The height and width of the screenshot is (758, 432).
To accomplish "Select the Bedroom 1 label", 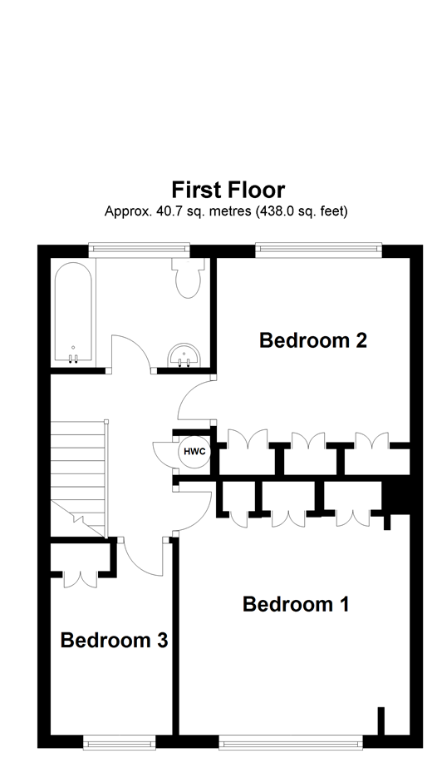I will (295, 604).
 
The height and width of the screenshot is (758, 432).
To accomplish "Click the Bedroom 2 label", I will (313, 340).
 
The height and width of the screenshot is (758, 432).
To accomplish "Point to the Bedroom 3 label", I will (114, 641).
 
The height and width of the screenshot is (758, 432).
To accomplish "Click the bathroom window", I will (139, 247).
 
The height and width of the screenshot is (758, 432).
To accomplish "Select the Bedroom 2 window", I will (317, 247).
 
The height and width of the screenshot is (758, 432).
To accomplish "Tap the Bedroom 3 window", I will (119, 739).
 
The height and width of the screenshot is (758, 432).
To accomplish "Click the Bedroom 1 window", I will (291, 739).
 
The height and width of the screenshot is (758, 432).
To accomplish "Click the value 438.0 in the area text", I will (284, 211).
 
